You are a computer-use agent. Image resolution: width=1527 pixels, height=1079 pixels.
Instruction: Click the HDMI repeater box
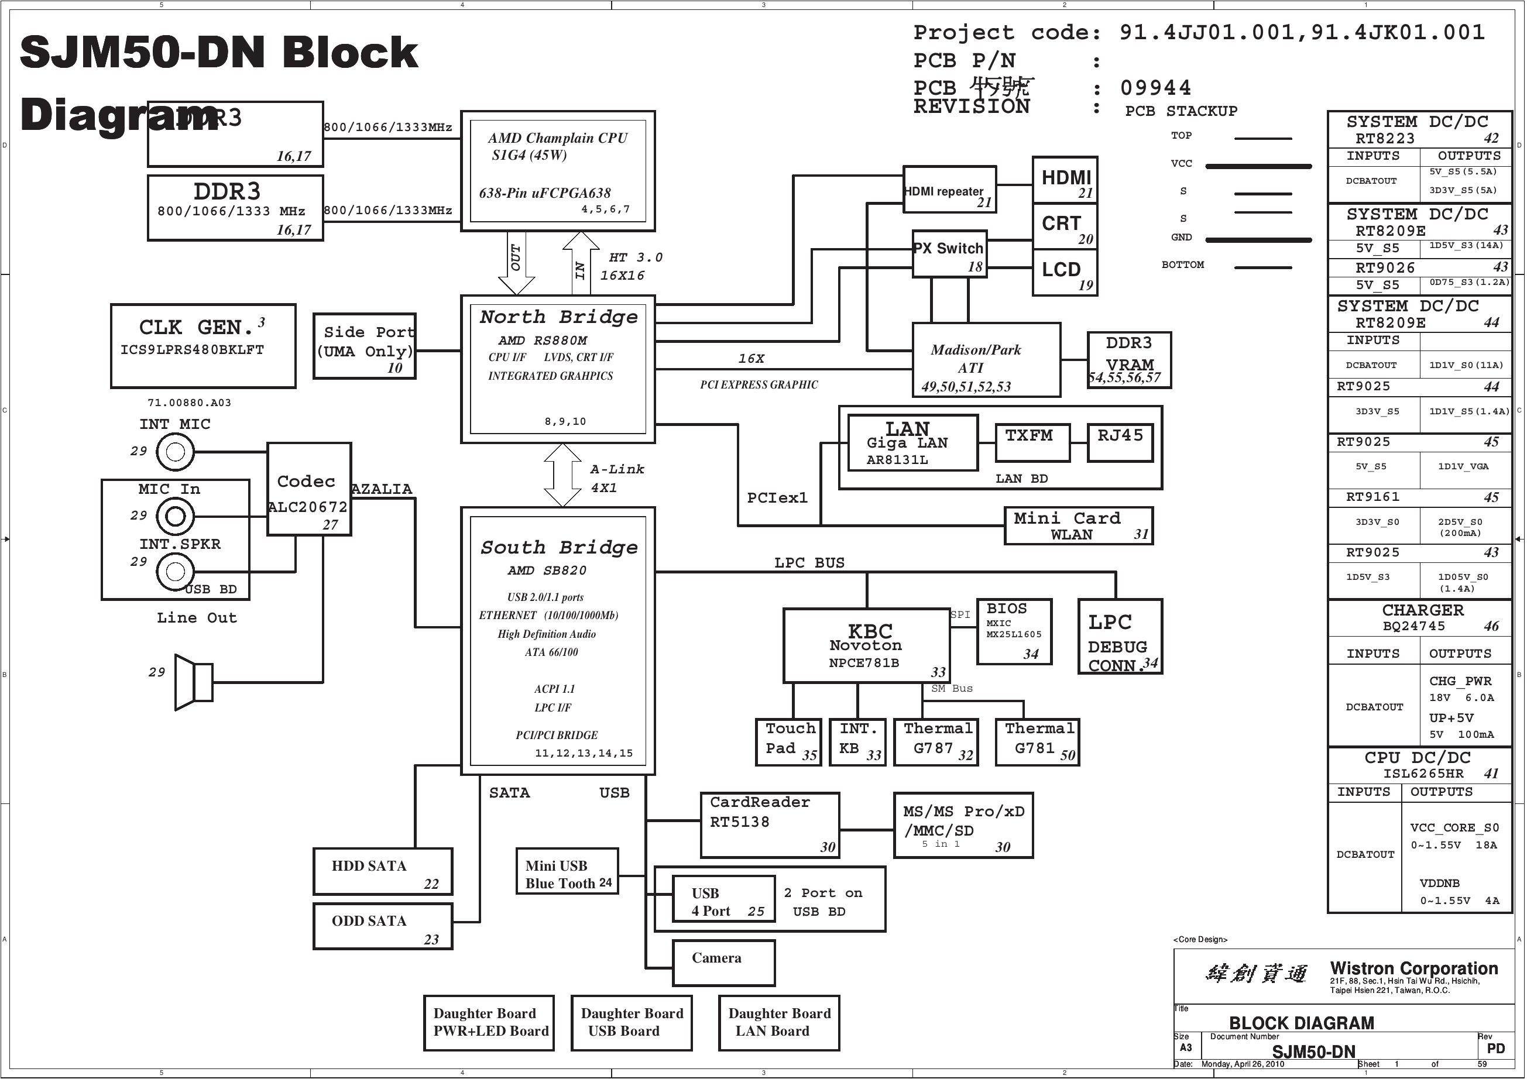coord(949,190)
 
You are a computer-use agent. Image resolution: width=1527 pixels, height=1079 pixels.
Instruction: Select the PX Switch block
coord(949,254)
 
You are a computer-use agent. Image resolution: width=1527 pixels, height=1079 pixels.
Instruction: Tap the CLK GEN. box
coord(203,346)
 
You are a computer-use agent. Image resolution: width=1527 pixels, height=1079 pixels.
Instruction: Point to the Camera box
coord(723,963)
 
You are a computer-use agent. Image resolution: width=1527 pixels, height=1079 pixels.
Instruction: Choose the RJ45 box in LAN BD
coord(1120,443)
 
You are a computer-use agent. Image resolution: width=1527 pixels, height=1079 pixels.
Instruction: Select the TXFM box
coord(1032,443)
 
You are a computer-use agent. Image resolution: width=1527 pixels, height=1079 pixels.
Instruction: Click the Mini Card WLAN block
coord(1078,526)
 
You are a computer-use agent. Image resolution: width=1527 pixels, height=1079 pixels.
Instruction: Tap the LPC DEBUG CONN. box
coord(1120,637)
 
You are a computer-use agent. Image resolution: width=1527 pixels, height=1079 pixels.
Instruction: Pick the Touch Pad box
coord(790,742)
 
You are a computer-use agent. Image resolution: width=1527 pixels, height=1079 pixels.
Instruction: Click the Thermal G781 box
coord(1037,742)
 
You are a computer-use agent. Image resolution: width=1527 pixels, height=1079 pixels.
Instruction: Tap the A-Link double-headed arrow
coord(562,475)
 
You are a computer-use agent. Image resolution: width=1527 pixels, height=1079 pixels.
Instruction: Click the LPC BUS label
coord(809,563)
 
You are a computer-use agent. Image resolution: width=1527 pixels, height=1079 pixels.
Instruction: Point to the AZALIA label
coord(382,489)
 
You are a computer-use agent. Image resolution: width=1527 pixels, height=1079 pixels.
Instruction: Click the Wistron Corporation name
coord(1413,968)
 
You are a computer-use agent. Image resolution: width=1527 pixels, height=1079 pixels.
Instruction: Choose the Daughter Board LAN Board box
coord(779,1022)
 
